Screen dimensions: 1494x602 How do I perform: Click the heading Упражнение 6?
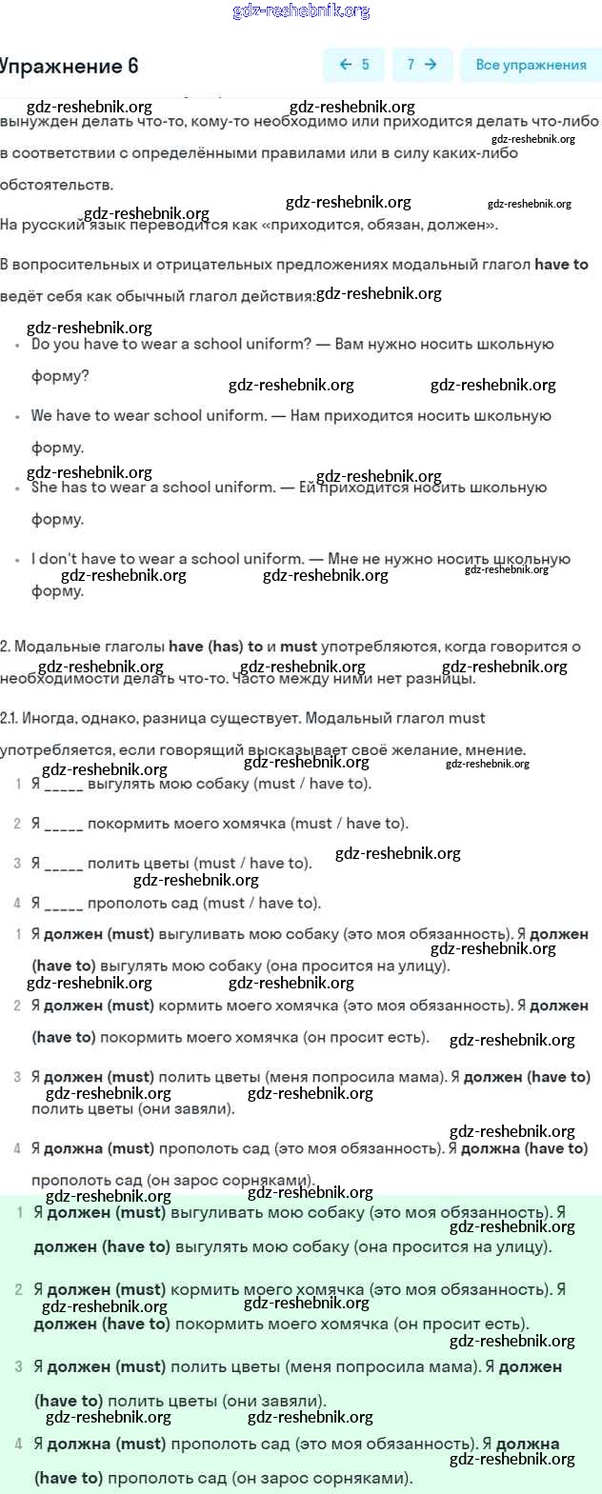tap(69, 66)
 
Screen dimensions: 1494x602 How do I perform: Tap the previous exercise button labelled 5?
tap(354, 65)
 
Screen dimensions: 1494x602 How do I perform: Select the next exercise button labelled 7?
tap(421, 65)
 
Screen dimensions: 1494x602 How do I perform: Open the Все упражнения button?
tap(531, 65)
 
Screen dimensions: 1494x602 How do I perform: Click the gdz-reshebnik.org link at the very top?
tap(301, 11)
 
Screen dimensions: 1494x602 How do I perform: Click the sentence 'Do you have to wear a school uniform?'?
tap(171, 345)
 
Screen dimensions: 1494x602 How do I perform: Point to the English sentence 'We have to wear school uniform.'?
tap(149, 416)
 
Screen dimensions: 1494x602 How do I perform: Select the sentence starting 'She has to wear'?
tap(151, 488)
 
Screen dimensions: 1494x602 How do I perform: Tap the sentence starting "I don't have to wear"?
tap(168, 559)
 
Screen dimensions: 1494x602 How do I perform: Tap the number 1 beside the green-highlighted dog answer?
tap(20, 1213)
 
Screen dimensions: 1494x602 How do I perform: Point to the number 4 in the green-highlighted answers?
tap(19, 1444)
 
